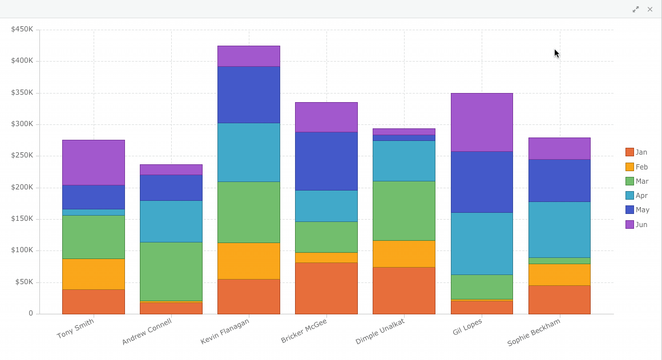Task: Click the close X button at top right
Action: pyautogui.click(x=649, y=9)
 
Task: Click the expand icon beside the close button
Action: pyautogui.click(x=636, y=9)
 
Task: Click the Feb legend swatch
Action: pyautogui.click(x=629, y=167)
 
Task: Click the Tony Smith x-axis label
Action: pyautogui.click(x=75, y=329)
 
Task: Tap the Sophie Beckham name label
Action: pyautogui.click(x=534, y=333)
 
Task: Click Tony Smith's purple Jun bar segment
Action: pyautogui.click(x=94, y=163)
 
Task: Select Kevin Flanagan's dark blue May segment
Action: pyautogui.click(x=249, y=95)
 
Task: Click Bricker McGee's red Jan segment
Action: pyautogui.click(x=326, y=288)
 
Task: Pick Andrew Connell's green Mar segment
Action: pyautogui.click(x=171, y=271)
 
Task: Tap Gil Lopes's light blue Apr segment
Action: pyautogui.click(x=482, y=244)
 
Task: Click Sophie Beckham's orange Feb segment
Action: pyautogui.click(x=559, y=274)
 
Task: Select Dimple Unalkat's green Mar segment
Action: pyautogui.click(x=404, y=211)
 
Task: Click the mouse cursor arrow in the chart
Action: pyautogui.click(x=556, y=53)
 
